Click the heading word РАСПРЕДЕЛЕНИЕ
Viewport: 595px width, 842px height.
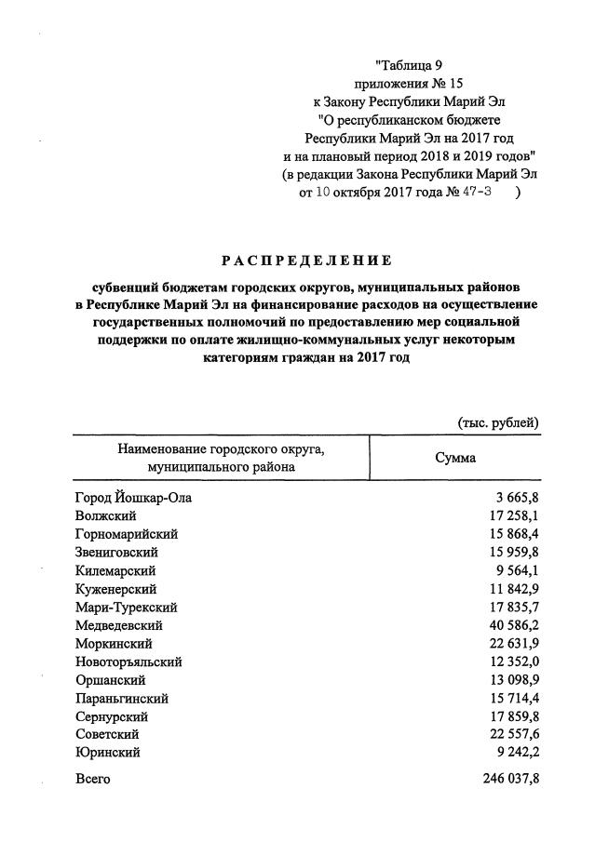(306, 260)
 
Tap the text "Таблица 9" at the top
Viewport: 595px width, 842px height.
(411, 64)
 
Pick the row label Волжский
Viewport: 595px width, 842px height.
(105, 516)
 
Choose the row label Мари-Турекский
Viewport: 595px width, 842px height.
(126, 608)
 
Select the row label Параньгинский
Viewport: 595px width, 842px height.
(121, 699)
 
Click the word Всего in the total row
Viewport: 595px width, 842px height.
(92, 779)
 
